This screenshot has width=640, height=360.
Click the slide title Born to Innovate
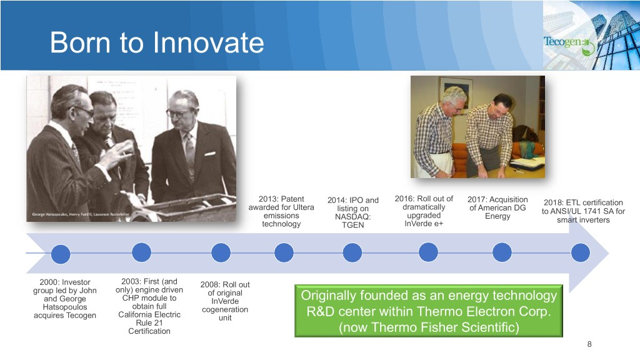pos(157,42)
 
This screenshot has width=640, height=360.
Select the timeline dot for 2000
pos(61,254)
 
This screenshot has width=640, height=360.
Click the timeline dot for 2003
pos(142,252)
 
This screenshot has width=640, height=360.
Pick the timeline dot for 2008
pos(221,252)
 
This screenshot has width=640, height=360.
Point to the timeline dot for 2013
pos(284,252)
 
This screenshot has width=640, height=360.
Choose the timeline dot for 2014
pos(352,252)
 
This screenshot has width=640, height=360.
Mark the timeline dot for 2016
pos(428,252)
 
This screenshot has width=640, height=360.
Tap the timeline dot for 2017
pos(502,252)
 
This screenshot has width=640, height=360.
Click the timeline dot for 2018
pos(581,252)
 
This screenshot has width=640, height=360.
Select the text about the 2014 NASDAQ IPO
pos(353,212)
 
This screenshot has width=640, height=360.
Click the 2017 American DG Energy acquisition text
pos(497,207)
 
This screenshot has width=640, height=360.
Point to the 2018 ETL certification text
pos(583,211)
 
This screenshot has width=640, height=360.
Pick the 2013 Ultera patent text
pos(281,211)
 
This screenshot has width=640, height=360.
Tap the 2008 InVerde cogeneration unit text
pos(225,301)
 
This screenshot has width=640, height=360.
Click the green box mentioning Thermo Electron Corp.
pos(429,311)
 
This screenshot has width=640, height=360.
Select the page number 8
pos(589,344)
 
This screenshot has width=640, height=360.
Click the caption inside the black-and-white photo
pos(81,214)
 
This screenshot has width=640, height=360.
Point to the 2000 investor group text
pos(65,298)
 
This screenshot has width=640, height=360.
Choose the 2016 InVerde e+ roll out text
pos(424,211)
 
